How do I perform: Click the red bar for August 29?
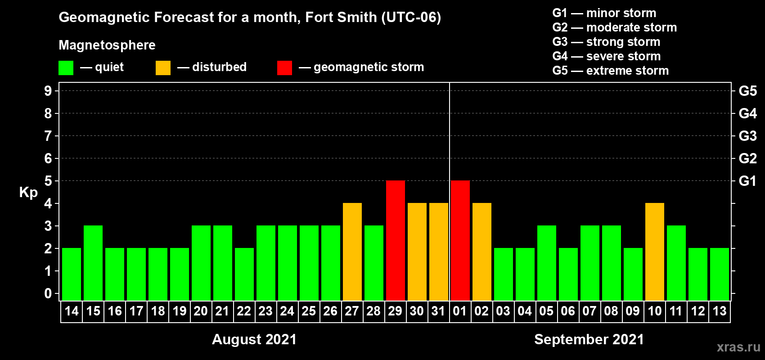[396, 240]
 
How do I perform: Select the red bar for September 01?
[460, 240]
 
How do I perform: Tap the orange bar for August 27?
[352, 252]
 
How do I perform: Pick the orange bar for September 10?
[655, 252]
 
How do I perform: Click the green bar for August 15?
[93, 263]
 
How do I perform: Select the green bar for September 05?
[547, 263]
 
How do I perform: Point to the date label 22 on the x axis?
[244, 311]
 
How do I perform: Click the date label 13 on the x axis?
[720, 311]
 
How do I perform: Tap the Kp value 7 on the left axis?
[48, 136]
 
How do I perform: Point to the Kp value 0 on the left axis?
[48, 293]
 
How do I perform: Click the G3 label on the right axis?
[747, 136]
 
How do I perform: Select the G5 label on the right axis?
[747, 91]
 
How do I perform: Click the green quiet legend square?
[66, 68]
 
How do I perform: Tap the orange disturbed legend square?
[163, 68]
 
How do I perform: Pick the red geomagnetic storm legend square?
[284, 68]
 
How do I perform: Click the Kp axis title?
[28, 192]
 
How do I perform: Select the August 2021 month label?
[254, 339]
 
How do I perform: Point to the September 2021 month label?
[589, 339]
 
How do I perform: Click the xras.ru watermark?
[738, 347]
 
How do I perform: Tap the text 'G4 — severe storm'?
[606, 56]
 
